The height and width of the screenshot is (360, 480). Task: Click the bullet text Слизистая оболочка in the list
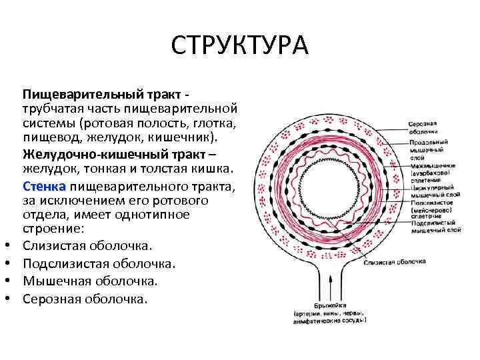point(87,246)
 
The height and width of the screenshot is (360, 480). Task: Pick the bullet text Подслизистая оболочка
point(99,263)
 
